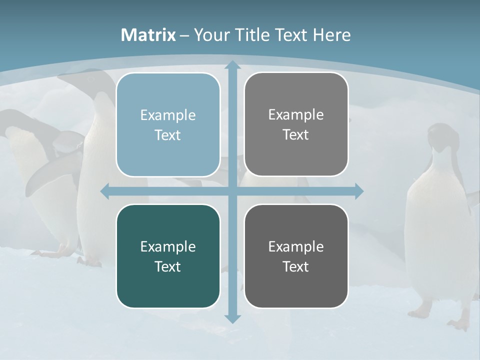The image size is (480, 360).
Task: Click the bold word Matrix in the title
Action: pos(148,35)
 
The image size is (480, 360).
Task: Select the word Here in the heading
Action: pos(331,35)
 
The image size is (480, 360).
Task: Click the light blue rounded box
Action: pos(168,124)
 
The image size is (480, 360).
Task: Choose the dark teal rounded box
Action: pos(168,256)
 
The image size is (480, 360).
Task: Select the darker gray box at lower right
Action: pos(296,256)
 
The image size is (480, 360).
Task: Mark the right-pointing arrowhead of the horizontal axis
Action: pos(359,191)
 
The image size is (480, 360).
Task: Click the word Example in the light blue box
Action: pos(168,115)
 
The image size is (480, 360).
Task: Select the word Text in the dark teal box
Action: pos(168,266)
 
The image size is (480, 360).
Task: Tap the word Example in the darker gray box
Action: pos(296,246)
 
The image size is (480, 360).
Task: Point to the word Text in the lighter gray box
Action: pos(296,134)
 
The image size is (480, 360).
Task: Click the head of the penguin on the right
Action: pos(440,135)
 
